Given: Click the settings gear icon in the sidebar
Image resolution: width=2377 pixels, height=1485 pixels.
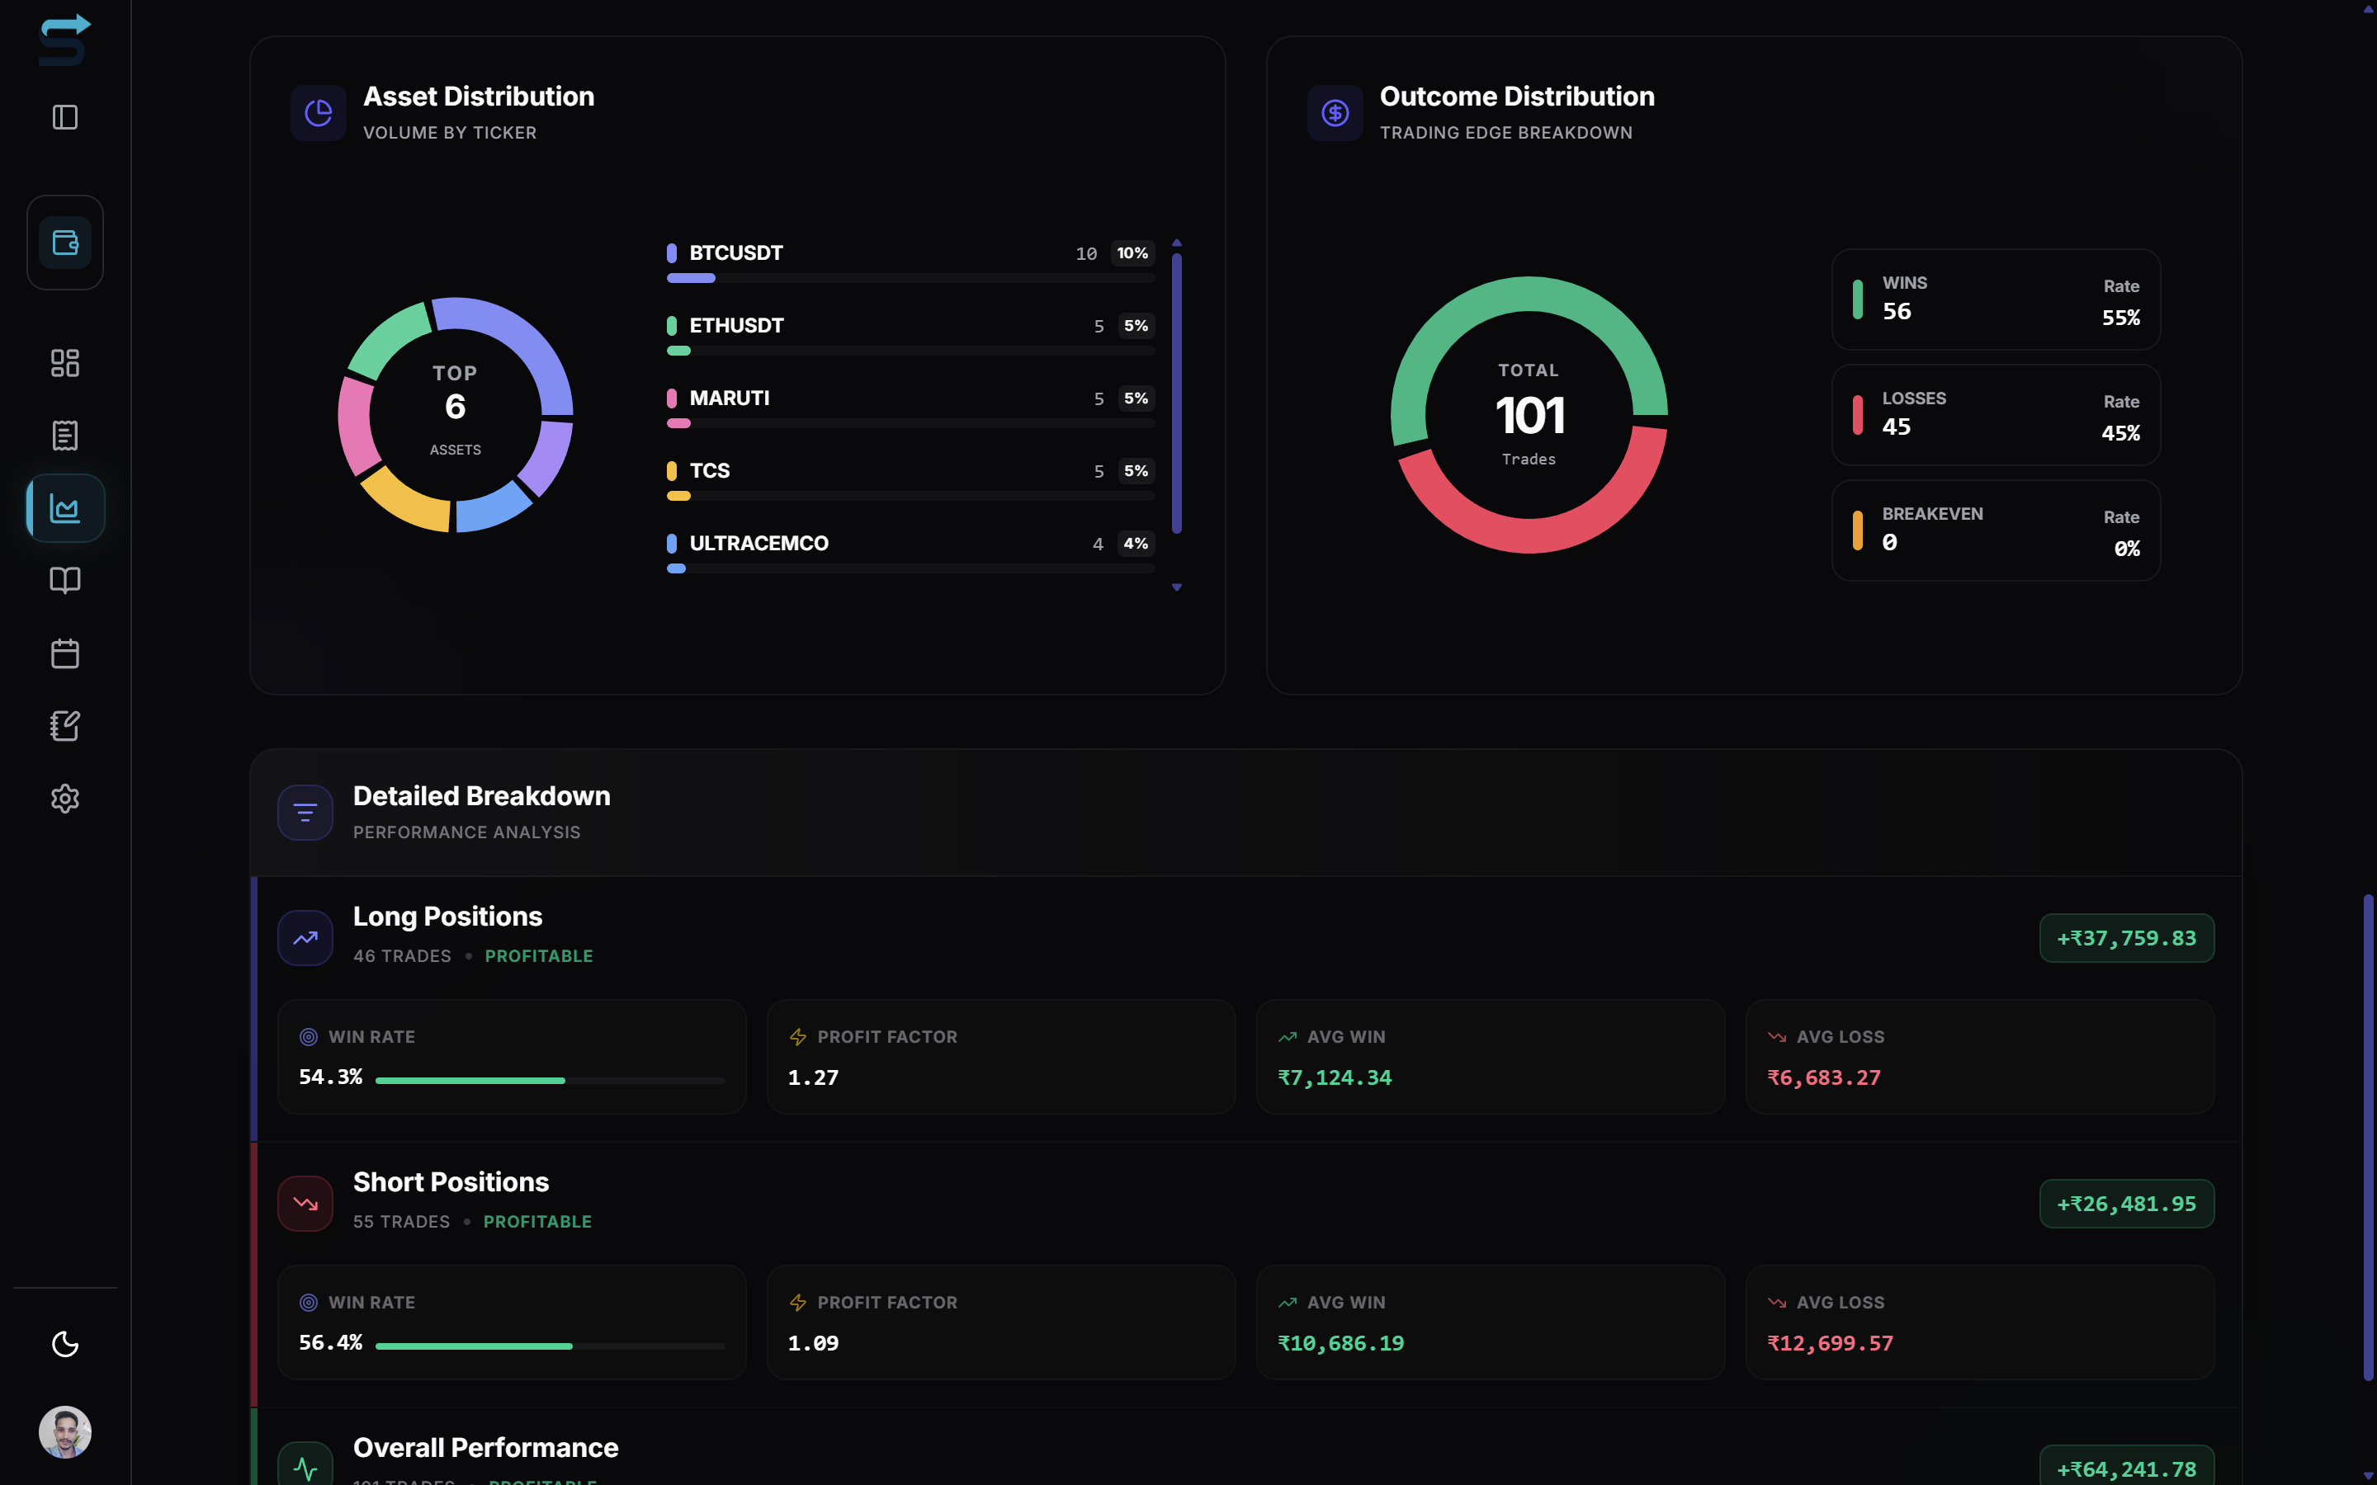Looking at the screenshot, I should pyautogui.click(x=65, y=799).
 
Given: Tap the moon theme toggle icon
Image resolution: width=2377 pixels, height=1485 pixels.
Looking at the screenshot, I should pyautogui.click(x=65, y=1344).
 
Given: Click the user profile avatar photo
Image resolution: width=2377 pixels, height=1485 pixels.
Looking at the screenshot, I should pyautogui.click(x=65, y=1432).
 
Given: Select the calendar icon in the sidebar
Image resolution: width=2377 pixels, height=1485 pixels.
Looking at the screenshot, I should pyautogui.click(x=65, y=653).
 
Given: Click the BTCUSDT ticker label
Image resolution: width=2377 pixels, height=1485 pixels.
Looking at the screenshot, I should pyautogui.click(x=735, y=252).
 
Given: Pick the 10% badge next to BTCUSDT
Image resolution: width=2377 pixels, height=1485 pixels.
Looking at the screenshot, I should pyautogui.click(x=1132, y=253).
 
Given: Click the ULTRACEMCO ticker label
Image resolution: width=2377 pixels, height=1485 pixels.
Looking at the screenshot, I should pyautogui.click(x=758, y=543).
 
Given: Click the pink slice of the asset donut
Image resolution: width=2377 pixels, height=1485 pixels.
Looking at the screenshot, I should pyautogui.click(x=357, y=424).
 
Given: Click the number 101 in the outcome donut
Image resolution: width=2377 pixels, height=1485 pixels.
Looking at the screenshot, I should pyautogui.click(x=1529, y=416).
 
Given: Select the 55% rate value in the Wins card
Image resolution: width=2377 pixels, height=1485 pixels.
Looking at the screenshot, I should pyautogui.click(x=2119, y=318).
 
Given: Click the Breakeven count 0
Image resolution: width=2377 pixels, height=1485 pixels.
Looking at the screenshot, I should pyautogui.click(x=1889, y=542).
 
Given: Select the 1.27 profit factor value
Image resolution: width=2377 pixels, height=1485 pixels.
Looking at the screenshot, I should pyautogui.click(x=813, y=1077).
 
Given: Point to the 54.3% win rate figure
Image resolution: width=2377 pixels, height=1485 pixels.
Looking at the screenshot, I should pyautogui.click(x=330, y=1077).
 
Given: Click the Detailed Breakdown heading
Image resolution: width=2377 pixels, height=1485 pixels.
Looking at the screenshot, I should pyautogui.click(x=481, y=795).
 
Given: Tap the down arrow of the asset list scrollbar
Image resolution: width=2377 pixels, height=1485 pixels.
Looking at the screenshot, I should pyautogui.click(x=1177, y=587).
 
